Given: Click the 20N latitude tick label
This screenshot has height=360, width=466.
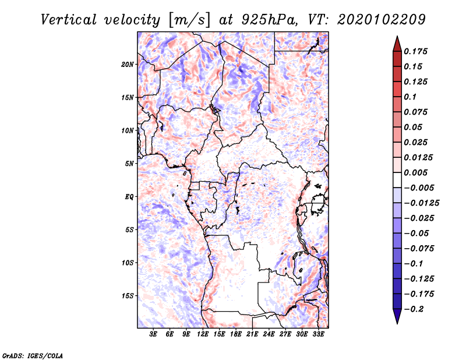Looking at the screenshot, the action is [128, 65].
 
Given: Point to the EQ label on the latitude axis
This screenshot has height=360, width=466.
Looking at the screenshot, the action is [129, 197].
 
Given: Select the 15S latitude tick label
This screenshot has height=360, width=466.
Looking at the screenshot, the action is [128, 296].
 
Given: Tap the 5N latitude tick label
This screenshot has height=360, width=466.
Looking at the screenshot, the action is [129, 164].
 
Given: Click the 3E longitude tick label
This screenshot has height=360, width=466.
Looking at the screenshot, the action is [153, 334].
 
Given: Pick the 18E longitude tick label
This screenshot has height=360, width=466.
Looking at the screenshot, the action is [236, 334].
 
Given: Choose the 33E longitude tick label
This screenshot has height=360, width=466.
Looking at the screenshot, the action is [318, 334].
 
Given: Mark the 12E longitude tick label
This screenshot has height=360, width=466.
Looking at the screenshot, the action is [203, 334].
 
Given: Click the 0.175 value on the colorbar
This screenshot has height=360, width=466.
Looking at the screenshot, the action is [415, 51].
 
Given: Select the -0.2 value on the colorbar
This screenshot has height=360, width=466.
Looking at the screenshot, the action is [414, 309].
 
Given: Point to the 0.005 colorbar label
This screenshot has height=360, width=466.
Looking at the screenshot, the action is [415, 172].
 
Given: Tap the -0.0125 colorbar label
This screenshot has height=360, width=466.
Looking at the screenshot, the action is [421, 203].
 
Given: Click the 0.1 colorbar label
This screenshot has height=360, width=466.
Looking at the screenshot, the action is [410, 97].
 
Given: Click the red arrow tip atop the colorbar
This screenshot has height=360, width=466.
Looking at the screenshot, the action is [397, 36].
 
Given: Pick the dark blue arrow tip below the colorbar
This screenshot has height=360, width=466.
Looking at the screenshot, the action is [397, 323].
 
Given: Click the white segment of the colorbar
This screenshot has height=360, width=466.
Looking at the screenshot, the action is [397, 180].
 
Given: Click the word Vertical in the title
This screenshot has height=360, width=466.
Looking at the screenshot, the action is [69, 20].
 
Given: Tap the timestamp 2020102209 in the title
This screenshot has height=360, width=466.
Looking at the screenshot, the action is [382, 20].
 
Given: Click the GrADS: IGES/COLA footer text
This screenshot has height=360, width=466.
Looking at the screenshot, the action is [33, 355].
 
